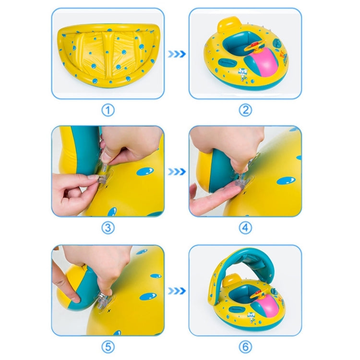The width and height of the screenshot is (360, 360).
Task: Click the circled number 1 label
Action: pyautogui.click(x=108, y=110)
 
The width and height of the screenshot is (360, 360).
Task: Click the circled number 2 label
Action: pyautogui.click(x=245, y=110)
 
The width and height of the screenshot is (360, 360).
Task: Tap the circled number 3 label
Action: pyautogui.click(x=108, y=228)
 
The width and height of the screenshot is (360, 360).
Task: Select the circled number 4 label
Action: pyautogui.click(x=245, y=228)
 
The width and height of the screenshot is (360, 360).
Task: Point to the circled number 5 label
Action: pyautogui.click(x=108, y=347)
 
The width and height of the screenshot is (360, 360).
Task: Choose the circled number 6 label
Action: pyautogui.click(x=245, y=347)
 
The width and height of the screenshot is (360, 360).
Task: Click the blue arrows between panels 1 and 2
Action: pyautogui.click(x=177, y=54)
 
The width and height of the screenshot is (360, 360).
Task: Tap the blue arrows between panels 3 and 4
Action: pyautogui.click(x=177, y=172)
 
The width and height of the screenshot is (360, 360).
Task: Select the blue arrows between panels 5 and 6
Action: pyautogui.click(x=177, y=291)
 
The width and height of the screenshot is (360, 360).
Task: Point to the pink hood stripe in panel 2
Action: pyautogui.click(x=268, y=61)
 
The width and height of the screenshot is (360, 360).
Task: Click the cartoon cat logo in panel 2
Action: pyautogui.click(x=241, y=74)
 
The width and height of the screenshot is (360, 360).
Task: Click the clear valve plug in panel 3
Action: pyautogui.click(x=103, y=179)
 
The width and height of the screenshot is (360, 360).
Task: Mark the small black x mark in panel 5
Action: pyautogui.click(x=109, y=311)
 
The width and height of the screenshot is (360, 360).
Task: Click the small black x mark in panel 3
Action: pyautogui.click(x=106, y=187)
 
